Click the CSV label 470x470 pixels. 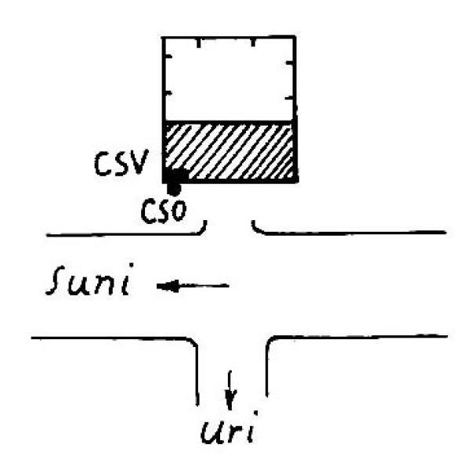pos(121,162)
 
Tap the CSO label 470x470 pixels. pos(164,211)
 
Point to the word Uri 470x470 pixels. pos(230,428)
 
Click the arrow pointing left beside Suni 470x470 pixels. pos(193,286)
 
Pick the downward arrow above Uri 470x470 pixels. pos(230,390)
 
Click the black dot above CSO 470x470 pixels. pos(174,188)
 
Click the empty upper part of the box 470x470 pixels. pos(229,79)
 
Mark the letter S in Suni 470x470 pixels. pos(56,280)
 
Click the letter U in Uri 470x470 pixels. pos(212,432)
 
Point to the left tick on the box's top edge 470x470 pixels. pos(198,43)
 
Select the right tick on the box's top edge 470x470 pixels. pos(253,42)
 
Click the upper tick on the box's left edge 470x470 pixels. pos(168,56)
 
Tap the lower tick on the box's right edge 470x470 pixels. pos(290,98)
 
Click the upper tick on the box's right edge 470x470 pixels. pos(290,63)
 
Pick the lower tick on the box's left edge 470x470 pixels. pos(168,94)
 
